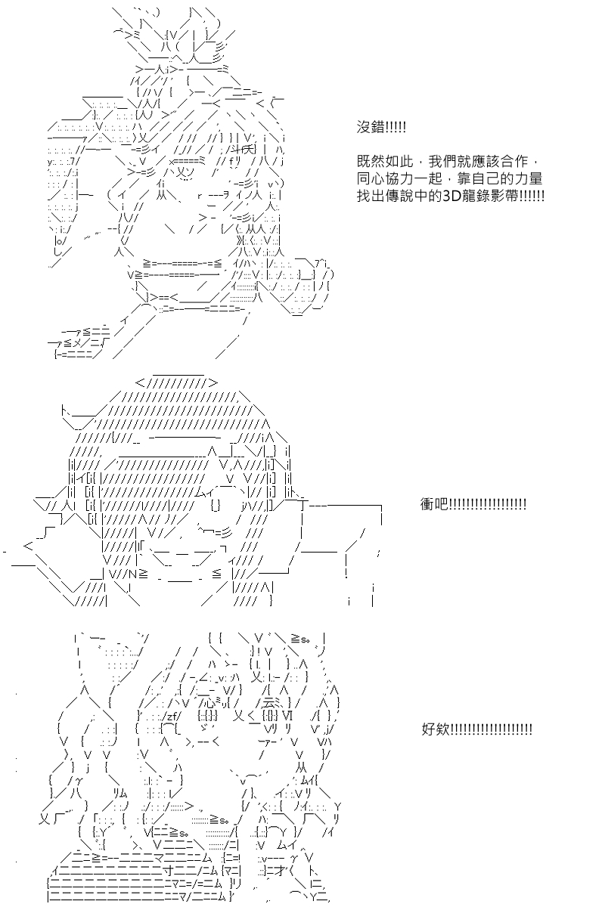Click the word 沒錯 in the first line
click(371, 128)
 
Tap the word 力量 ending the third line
click(529, 179)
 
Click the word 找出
click(371, 197)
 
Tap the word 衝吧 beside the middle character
click(434, 504)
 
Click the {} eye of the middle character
click(216, 506)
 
